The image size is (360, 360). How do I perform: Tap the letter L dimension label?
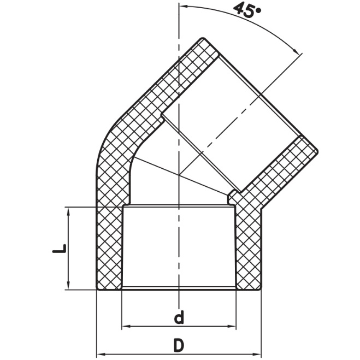[59, 249]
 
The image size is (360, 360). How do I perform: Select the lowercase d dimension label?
[179, 317]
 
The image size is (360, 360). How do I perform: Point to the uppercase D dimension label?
[179, 345]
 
